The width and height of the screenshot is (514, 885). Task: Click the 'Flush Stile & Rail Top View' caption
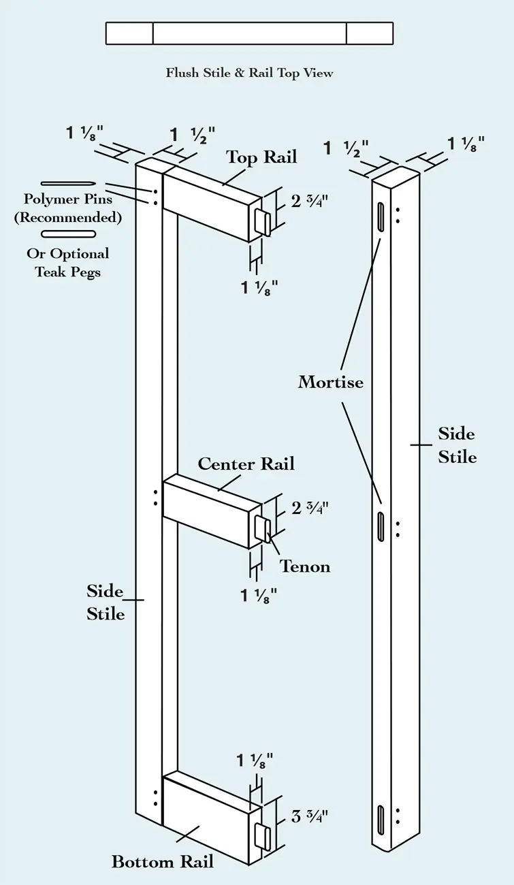click(x=249, y=73)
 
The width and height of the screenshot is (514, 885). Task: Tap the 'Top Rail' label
click(x=261, y=157)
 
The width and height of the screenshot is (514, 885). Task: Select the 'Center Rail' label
click(x=246, y=464)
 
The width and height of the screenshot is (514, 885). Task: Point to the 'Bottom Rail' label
click(x=163, y=861)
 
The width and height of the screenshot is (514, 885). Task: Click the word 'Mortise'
click(x=331, y=382)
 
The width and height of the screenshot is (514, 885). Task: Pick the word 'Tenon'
click(x=305, y=566)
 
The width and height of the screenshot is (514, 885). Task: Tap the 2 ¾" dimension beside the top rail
click(x=310, y=202)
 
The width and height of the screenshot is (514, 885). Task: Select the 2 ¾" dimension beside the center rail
click(x=310, y=508)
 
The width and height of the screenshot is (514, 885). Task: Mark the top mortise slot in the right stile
click(x=380, y=217)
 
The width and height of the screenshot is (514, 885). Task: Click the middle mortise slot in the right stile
click(x=380, y=527)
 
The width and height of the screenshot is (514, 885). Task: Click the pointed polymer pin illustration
click(x=67, y=184)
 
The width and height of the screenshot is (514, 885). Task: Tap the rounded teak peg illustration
click(x=68, y=234)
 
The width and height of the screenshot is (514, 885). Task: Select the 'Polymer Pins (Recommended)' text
click(x=68, y=208)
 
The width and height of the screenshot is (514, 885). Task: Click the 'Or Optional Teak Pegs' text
click(x=68, y=263)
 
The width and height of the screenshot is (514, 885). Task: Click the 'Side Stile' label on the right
click(x=457, y=445)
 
